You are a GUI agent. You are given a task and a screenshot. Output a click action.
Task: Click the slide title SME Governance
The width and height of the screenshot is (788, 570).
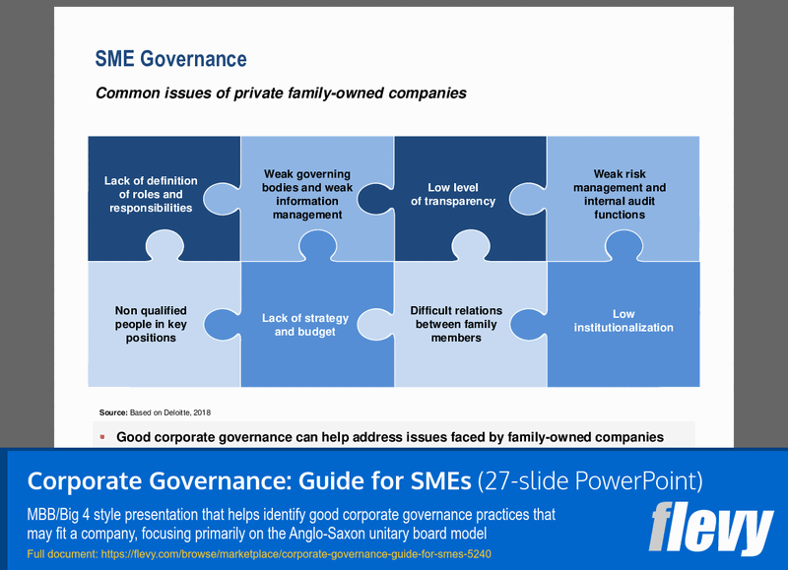[170, 59]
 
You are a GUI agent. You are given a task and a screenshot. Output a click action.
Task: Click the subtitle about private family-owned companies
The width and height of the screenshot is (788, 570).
[280, 95]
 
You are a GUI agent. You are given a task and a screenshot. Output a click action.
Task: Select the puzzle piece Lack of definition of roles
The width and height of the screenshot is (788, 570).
[151, 194]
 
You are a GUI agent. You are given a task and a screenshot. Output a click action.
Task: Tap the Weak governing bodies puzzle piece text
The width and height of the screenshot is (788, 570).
[306, 194]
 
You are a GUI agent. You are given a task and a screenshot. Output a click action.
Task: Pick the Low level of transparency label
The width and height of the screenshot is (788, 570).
[452, 194]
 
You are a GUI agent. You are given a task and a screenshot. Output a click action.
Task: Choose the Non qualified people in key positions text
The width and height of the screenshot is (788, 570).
[151, 324]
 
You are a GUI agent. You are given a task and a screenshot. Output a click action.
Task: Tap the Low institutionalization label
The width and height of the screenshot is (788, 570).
[624, 321]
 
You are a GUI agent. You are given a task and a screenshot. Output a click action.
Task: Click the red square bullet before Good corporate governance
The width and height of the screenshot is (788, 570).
[102, 435]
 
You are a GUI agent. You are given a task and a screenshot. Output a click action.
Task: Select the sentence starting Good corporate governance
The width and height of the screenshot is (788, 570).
[389, 436]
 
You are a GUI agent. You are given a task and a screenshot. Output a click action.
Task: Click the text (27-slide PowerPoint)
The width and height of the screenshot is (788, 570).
[589, 481]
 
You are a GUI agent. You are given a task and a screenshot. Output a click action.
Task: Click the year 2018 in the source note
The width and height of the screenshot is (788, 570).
[202, 412]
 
